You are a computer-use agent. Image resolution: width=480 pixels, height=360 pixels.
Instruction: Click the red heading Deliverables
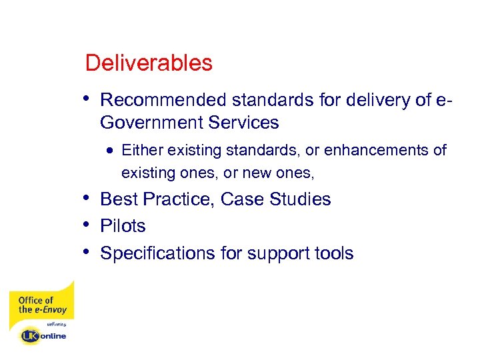(x=149, y=63)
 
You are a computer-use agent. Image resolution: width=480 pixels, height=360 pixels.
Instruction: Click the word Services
(x=244, y=123)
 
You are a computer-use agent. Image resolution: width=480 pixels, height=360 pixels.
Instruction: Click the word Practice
(x=179, y=199)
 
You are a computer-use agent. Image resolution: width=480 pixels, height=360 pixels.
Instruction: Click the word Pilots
(x=123, y=226)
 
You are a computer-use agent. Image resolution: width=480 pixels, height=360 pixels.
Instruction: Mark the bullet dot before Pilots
(x=89, y=224)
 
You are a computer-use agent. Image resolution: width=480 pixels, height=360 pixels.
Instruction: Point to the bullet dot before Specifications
(x=89, y=251)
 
